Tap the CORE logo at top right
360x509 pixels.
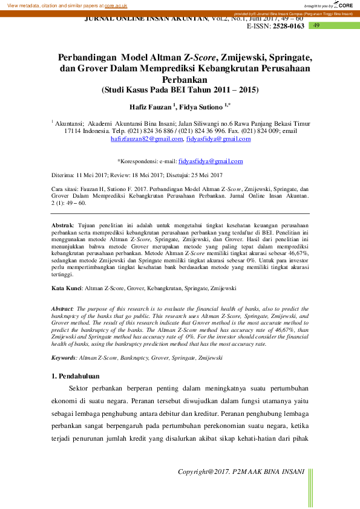[x=343, y=5]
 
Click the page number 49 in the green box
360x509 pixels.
[x=316, y=26]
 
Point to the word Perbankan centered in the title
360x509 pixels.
[x=180, y=79]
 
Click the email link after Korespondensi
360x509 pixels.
[x=211, y=161]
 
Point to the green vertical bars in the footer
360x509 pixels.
[x=311, y=487]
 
